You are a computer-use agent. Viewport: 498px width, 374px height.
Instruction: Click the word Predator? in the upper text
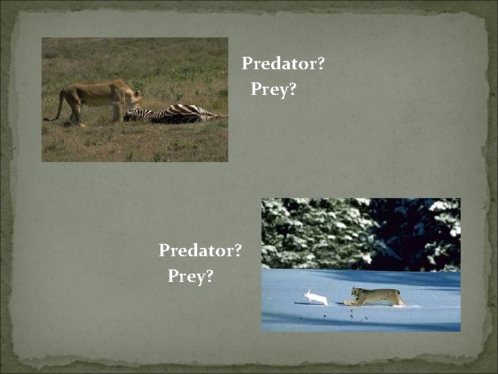283,64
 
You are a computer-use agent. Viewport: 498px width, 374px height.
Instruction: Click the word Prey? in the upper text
273,90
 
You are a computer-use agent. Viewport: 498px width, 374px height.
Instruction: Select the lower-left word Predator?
200,251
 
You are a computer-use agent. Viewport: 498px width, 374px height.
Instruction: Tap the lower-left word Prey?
190,277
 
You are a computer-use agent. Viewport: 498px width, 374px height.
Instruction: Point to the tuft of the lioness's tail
48,119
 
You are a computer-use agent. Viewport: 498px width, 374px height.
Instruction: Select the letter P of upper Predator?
247,64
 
